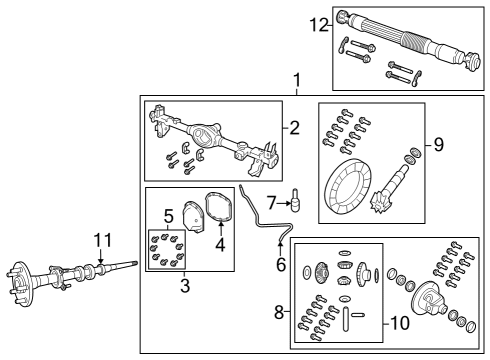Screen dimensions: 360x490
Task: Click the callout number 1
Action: click(x=295, y=79)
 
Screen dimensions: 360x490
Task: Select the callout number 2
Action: click(x=294, y=127)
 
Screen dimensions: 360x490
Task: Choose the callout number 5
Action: click(x=169, y=215)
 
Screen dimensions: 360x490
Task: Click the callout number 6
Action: click(x=281, y=265)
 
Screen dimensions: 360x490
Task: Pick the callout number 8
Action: click(x=277, y=313)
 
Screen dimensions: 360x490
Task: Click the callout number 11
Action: click(x=100, y=239)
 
